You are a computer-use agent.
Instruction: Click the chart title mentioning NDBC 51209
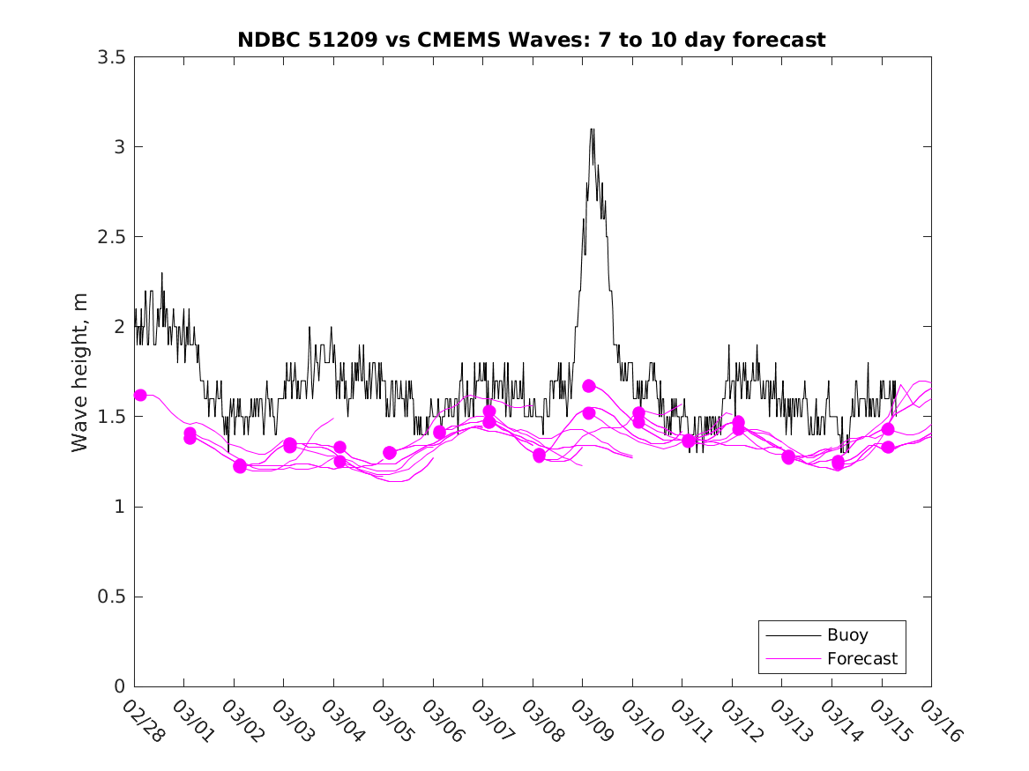point(532,40)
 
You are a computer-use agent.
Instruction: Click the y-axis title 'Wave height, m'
point(80,372)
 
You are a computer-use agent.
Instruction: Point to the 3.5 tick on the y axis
point(115,56)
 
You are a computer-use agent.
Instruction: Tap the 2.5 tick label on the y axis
point(115,237)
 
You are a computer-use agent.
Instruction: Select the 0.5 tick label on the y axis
point(115,597)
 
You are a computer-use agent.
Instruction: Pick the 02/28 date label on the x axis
point(144,722)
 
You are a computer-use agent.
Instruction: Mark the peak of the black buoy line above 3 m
point(592,130)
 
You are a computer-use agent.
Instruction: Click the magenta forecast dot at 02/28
point(140,395)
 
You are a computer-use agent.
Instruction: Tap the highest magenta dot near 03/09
point(589,386)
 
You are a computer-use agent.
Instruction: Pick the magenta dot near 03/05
point(390,453)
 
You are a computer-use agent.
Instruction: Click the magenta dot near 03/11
point(689,441)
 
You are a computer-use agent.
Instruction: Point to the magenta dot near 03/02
point(240,466)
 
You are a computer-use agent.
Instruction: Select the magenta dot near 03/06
point(439,433)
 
